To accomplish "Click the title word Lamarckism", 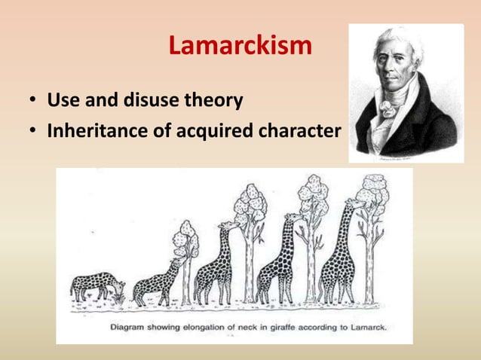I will click(240, 47).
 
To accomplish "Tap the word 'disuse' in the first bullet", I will click(159, 100).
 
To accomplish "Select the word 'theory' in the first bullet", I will click(218, 100).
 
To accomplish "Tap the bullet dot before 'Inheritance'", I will click(34, 133).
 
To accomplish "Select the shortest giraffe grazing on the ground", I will click(94, 286).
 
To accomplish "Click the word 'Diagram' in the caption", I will click(131, 328).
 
